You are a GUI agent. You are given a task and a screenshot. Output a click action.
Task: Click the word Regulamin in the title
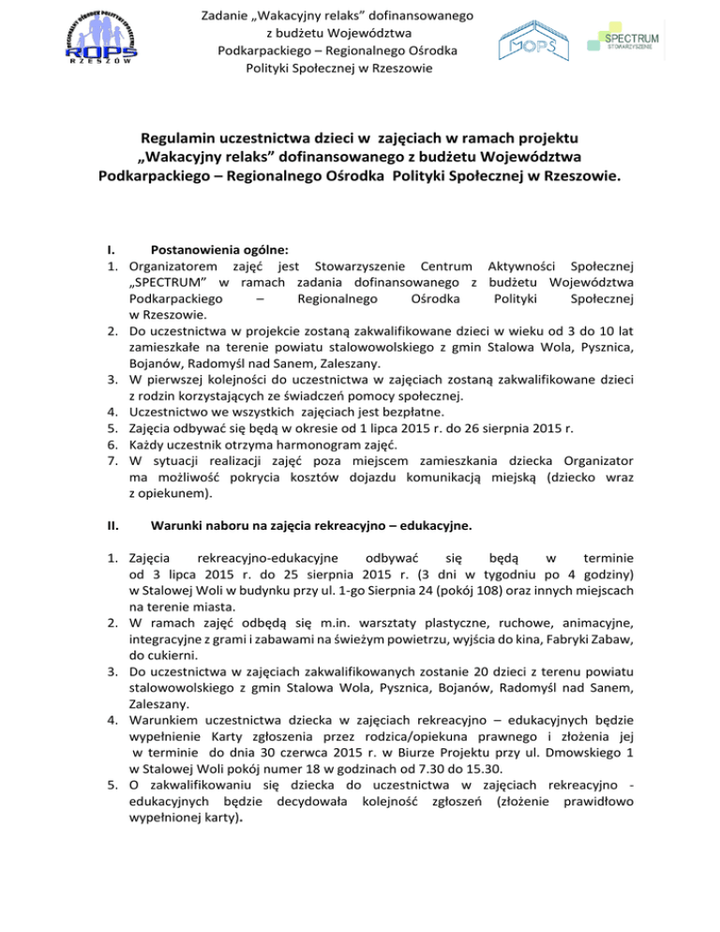(x=184, y=139)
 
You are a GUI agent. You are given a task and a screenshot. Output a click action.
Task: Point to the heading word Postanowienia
(x=196, y=250)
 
